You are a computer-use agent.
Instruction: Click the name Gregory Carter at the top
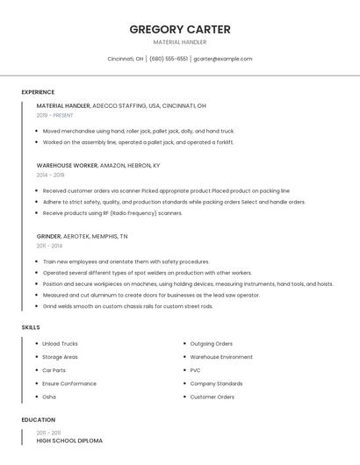pos(180,30)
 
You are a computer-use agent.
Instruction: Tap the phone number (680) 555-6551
pos(169,59)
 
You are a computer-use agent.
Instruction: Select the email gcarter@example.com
pos(222,59)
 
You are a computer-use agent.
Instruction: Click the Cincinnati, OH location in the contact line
pos(126,59)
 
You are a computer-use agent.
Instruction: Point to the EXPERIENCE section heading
pos(38,92)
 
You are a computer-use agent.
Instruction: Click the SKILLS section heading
pos(31,327)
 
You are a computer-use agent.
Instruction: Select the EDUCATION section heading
pos(38,420)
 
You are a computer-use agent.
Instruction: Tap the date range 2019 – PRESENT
pos(55,115)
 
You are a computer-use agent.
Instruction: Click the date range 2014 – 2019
pos(50,175)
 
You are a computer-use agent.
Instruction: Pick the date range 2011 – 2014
pos(50,246)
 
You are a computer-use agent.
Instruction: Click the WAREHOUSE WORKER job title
pos(67,165)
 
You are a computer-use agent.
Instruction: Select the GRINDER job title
pos(48,236)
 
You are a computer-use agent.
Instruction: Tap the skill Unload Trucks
pos(60,344)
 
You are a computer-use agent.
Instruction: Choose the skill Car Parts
pos(54,370)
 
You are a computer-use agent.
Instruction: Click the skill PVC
pos(195,370)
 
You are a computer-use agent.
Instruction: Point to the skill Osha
pos(49,397)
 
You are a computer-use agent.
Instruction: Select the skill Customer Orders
pos(212,397)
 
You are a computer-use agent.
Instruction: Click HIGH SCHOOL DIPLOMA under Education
pos(69,440)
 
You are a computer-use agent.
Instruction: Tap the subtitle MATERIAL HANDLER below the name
pos(180,42)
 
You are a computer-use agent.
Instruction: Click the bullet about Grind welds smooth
pos(127,306)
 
